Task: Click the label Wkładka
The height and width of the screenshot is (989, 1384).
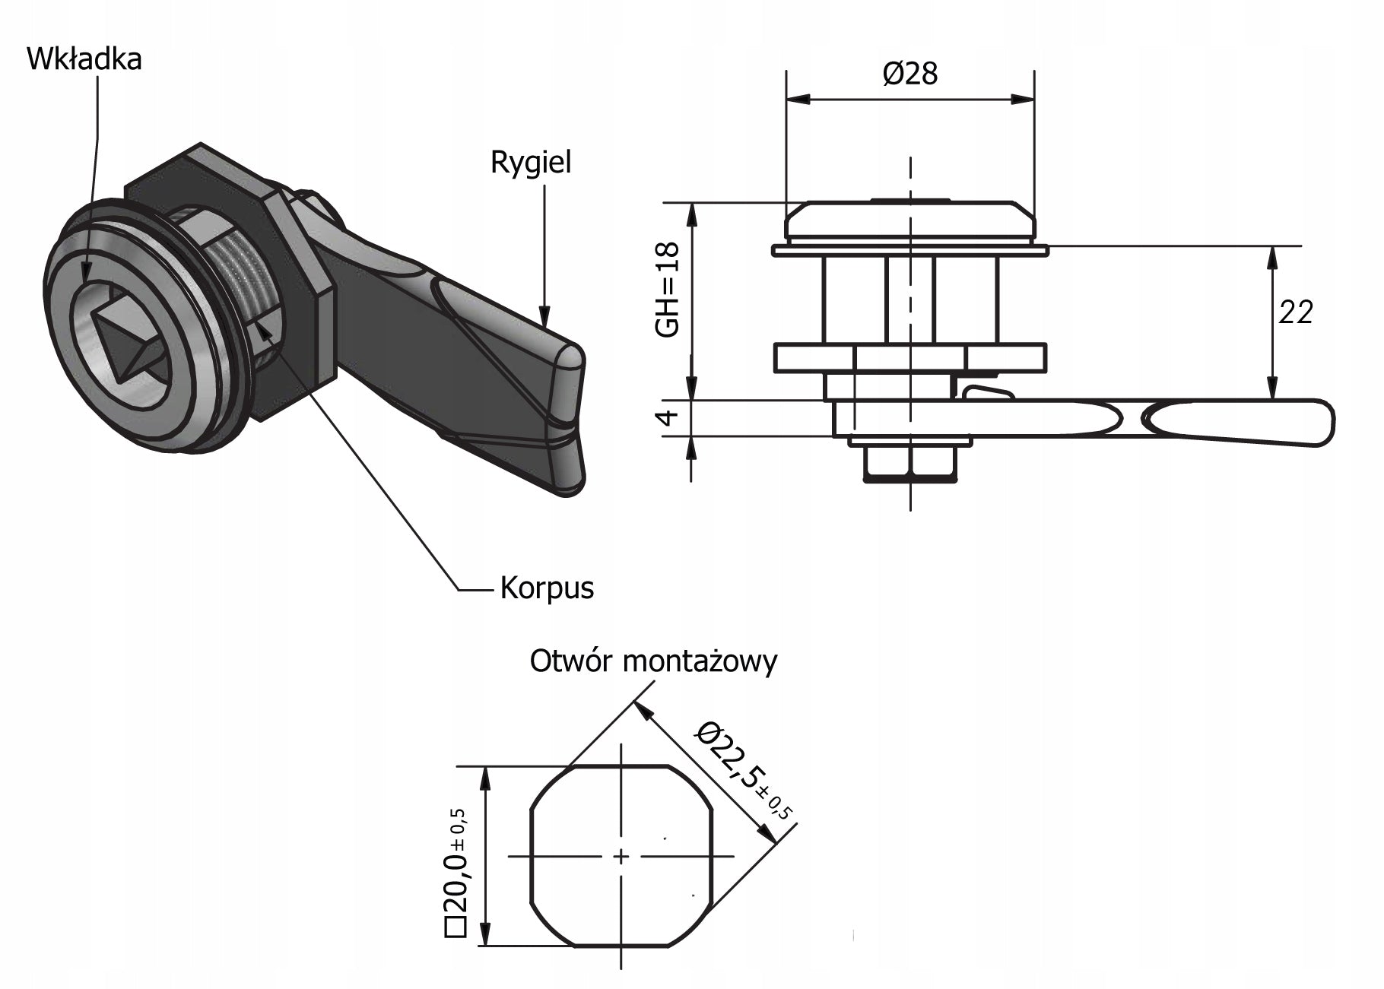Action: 84,59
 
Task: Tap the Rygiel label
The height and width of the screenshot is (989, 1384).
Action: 530,163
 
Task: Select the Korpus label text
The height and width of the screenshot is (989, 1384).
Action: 547,588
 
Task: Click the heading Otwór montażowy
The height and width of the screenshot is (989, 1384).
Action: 653,661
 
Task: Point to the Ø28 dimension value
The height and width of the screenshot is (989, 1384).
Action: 909,74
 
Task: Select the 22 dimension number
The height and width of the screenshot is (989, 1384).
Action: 1295,312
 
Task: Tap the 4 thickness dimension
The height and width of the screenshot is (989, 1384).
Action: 667,418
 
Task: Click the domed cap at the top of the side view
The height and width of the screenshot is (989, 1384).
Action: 909,220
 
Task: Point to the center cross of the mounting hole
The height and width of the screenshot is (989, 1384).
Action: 621,857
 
